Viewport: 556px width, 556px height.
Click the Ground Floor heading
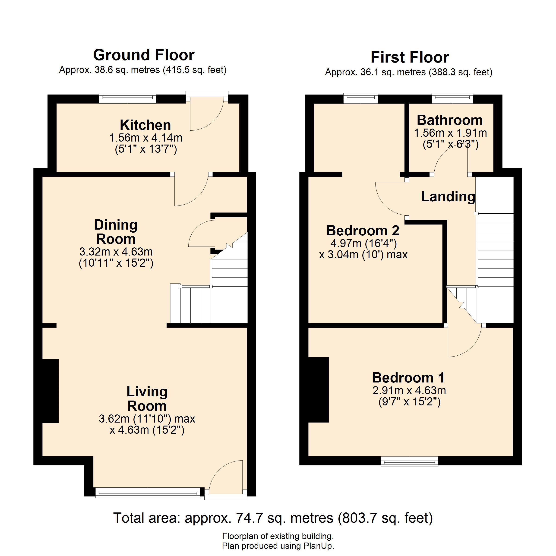[x=144, y=55]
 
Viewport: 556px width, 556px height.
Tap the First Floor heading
[x=410, y=57]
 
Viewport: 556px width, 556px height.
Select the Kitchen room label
[x=145, y=125]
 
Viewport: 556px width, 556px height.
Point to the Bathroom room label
[x=449, y=120]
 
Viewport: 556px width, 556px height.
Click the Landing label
[x=448, y=197]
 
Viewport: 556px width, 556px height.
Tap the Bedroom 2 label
[x=363, y=231]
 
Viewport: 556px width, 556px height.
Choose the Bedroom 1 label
[x=408, y=378]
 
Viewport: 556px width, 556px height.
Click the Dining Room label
[x=116, y=232]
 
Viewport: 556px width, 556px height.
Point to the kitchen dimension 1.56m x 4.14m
[x=146, y=138]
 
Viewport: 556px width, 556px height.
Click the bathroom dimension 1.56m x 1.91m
[x=450, y=133]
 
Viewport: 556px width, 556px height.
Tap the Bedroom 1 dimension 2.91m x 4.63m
[x=409, y=391]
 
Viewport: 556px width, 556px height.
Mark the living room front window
[x=148, y=492]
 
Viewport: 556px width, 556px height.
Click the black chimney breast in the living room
[x=51, y=391]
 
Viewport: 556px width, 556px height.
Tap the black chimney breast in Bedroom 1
[x=318, y=390]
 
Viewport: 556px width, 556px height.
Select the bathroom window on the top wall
[x=452, y=98]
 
